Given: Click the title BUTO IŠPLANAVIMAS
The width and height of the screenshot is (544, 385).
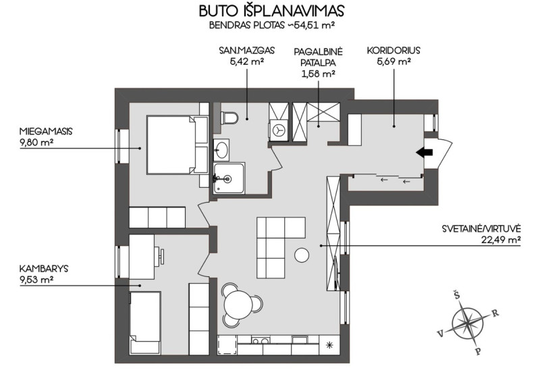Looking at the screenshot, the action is [271, 11].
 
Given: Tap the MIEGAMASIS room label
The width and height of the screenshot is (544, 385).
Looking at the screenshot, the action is [46, 132].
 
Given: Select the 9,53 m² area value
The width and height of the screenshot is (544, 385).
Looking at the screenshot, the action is [36, 280].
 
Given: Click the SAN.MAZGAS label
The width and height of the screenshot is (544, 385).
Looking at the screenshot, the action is [246, 51].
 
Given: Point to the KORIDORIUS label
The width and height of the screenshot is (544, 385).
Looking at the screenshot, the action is [393, 51].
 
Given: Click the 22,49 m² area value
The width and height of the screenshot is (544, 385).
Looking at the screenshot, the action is [501, 240].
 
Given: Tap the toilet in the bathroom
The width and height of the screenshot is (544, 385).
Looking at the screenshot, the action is [229, 118].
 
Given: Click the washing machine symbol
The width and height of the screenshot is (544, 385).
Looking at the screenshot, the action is [278, 130].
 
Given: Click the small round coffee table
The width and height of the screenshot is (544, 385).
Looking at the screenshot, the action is [302, 255].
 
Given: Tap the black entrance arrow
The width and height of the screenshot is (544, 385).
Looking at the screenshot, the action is [425, 152].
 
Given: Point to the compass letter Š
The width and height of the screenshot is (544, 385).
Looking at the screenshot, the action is [457, 295].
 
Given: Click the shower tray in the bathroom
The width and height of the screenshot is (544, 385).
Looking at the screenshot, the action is [229, 178].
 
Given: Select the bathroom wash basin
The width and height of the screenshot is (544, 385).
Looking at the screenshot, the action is [221, 150].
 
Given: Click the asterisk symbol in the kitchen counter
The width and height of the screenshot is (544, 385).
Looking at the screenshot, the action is [329, 344].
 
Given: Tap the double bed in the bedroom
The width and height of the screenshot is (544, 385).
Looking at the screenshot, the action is [178, 145].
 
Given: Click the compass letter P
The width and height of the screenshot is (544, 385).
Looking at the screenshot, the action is [478, 351].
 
